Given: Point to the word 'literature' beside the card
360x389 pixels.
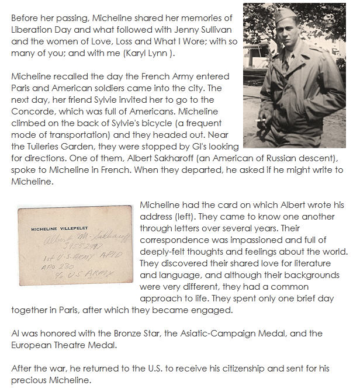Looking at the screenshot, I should [318, 263].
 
